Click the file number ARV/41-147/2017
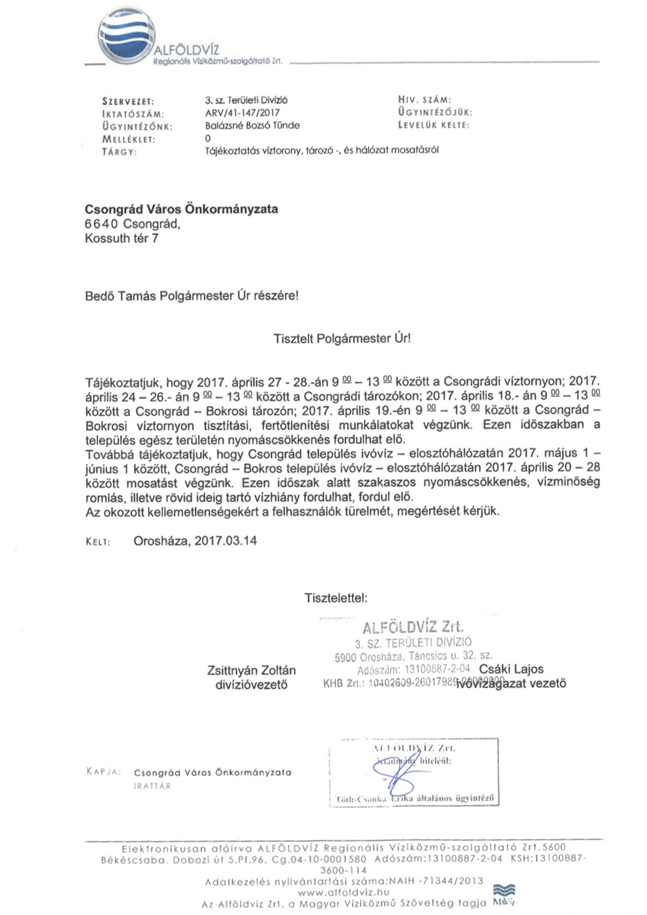point(242,113)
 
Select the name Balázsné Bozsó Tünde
point(252,125)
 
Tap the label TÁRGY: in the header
point(120,152)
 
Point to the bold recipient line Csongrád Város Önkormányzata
point(181,209)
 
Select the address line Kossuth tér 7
point(122,239)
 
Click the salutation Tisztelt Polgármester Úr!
point(342,338)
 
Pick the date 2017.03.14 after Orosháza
point(226,541)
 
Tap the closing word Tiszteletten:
point(336,598)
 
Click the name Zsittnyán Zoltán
point(251,670)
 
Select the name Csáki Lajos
point(511,669)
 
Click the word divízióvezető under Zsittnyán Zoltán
point(251,685)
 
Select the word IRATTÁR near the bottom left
point(152,786)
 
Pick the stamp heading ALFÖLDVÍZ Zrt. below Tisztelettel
point(413,627)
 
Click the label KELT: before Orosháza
point(98,542)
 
